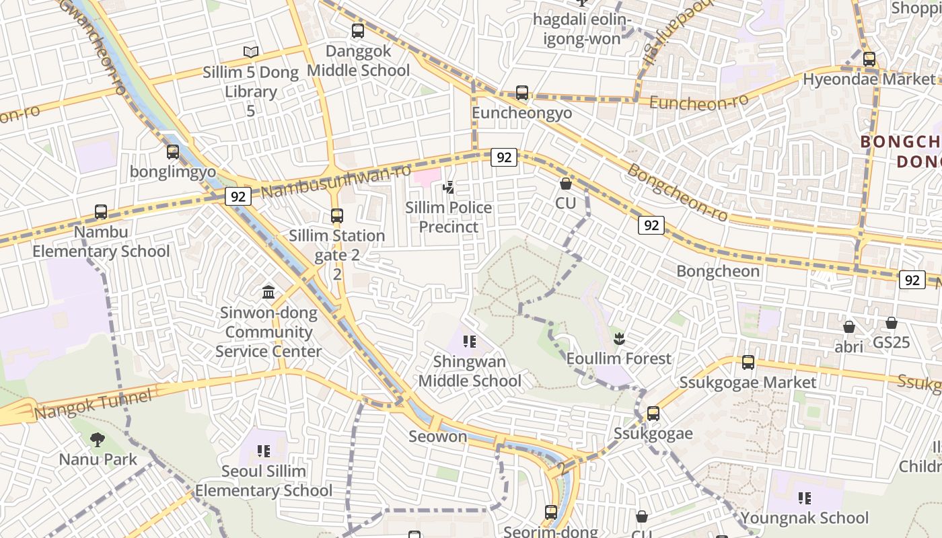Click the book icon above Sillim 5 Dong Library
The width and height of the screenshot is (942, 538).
click(251, 52)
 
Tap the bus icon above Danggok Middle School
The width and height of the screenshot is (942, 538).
click(358, 31)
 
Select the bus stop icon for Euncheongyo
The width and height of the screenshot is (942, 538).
click(522, 93)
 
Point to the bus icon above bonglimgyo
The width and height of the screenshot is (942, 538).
click(173, 152)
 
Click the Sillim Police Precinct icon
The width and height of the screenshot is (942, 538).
click(448, 188)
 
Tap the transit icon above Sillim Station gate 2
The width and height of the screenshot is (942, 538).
click(337, 216)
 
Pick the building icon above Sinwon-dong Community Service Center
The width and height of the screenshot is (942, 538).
click(268, 293)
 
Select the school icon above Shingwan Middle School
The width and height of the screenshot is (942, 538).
click(470, 342)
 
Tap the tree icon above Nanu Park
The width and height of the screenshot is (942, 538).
click(98, 440)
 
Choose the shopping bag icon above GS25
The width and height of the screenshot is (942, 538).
click(892, 323)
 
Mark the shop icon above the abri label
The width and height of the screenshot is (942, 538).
click(849, 327)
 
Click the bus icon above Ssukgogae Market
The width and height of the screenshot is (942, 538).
click(748, 362)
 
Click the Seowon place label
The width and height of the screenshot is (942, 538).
click(438, 436)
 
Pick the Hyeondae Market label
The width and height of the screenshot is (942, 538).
click(859, 79)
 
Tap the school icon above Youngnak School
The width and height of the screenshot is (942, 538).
click(804, 498)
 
